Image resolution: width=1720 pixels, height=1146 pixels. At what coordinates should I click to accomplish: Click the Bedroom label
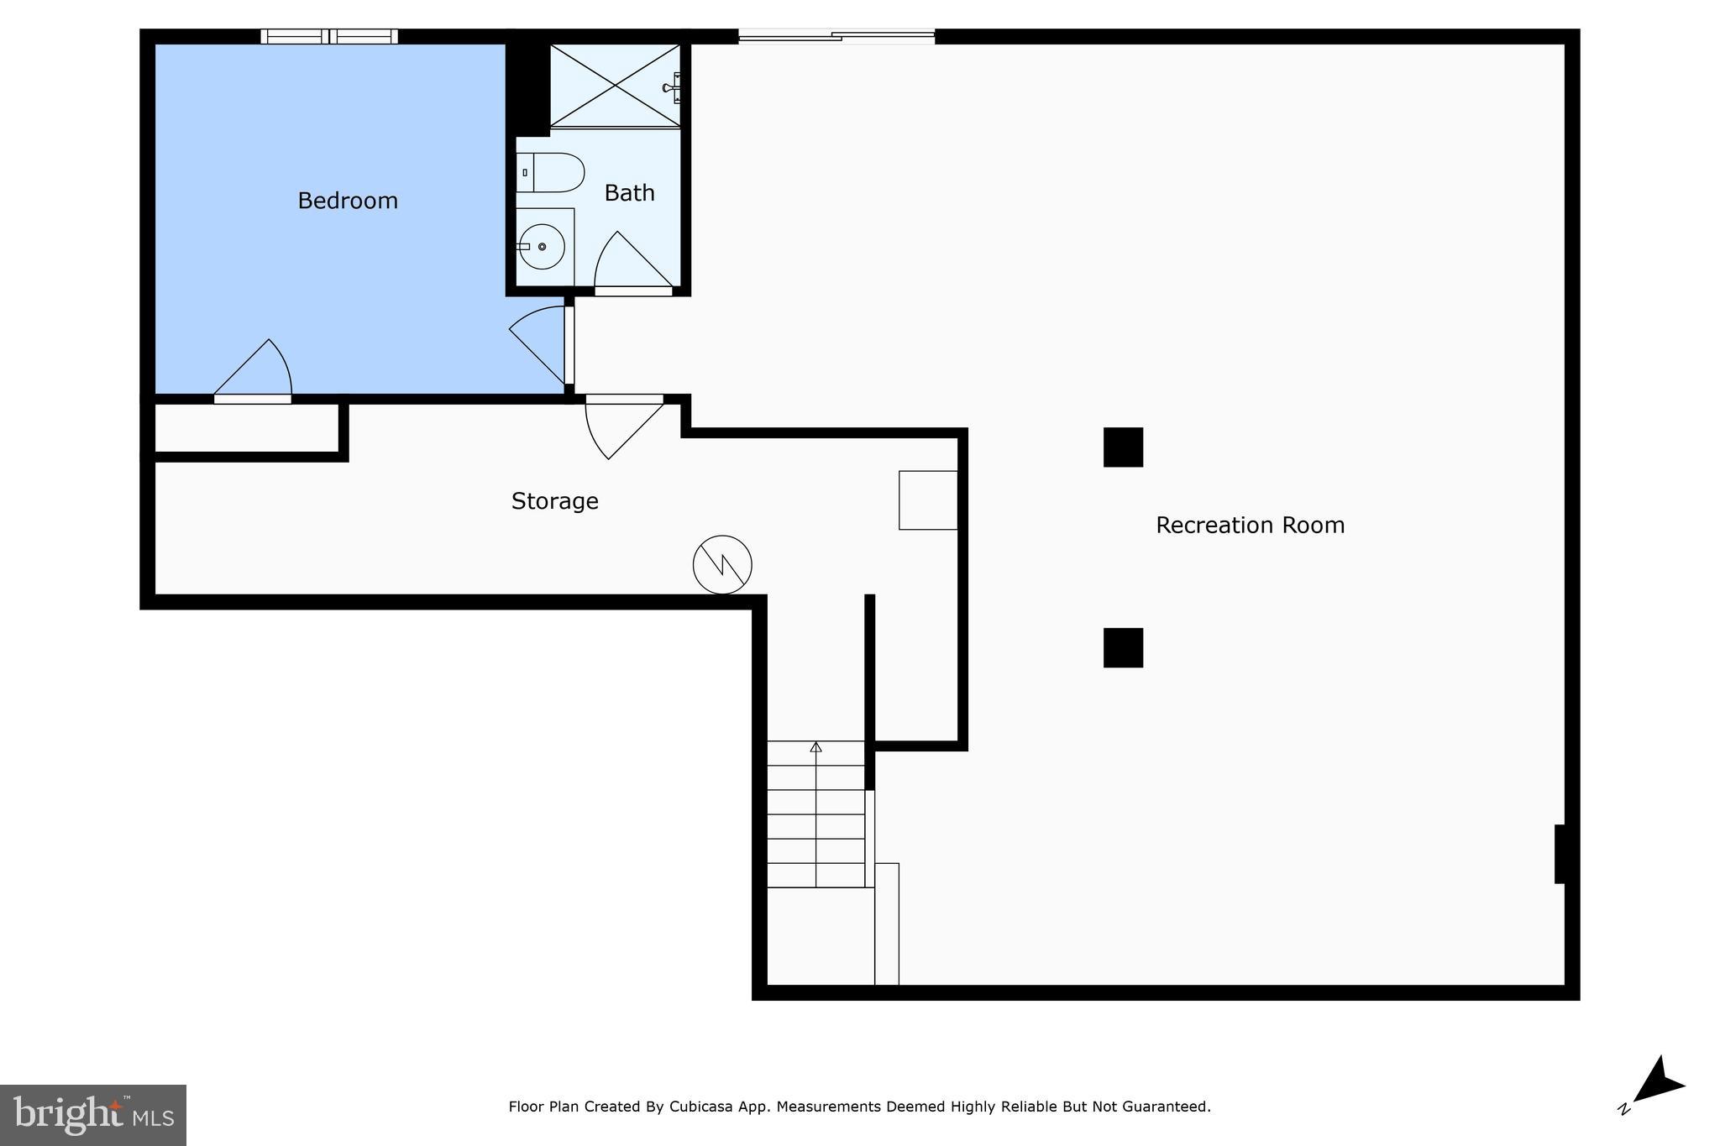[x=348, y=201]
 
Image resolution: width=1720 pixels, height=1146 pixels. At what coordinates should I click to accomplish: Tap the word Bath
[x=629, y=193]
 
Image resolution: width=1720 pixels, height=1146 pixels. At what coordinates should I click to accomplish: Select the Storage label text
[x=554, y=501]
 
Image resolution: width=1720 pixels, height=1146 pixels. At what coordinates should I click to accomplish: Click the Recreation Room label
[x=1250, y=526]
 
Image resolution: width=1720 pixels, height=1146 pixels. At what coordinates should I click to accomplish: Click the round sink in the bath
[x=542, y=247]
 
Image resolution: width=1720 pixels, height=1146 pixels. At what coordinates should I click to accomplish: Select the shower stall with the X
[x=615, y=86]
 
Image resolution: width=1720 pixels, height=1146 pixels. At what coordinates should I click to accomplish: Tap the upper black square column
[x=1123, y=447]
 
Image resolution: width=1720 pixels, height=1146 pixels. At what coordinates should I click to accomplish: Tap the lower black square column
[x=1123, y=647]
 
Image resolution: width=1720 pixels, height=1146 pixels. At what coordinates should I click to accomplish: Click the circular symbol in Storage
[x=722, y=565]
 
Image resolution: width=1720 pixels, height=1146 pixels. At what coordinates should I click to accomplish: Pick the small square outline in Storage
[x=927, y=500]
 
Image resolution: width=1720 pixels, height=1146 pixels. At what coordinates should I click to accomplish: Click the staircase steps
[x=815, y=814]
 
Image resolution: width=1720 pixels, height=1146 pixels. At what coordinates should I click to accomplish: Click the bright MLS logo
[x=93, y=1115]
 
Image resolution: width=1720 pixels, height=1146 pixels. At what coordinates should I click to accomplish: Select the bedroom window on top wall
[x=328, y=36]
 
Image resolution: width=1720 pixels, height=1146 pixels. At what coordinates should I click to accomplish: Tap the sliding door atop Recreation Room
[x=836, y=36]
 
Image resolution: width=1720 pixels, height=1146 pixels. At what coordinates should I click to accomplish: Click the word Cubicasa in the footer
[x=700, y=1107]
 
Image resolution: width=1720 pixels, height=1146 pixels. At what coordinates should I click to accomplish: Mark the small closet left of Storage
[x=247, y=428]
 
